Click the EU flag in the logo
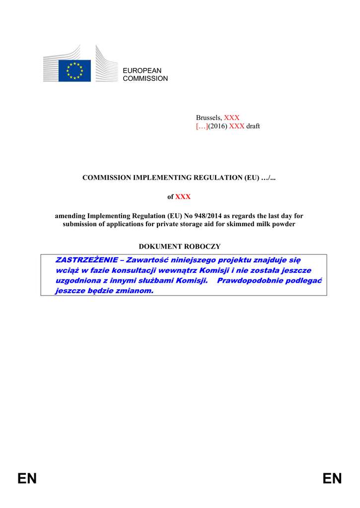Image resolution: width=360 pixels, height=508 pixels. point(74,70)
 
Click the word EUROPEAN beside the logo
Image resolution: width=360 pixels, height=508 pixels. point(142,71)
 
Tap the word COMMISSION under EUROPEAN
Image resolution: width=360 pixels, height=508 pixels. point(145,79)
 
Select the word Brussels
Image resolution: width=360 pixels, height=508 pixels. point(209,118)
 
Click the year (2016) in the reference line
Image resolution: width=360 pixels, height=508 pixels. point(217,126)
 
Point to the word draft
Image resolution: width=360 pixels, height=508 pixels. point(253,126)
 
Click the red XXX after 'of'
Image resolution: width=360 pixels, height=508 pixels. point(183,197)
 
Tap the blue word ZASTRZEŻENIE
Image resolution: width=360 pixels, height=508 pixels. point(86,260)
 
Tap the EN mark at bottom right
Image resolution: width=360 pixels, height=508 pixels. point(332,479)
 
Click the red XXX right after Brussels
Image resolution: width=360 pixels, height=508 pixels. point(232,118)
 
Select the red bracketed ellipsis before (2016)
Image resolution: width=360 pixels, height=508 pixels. point(202,126)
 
